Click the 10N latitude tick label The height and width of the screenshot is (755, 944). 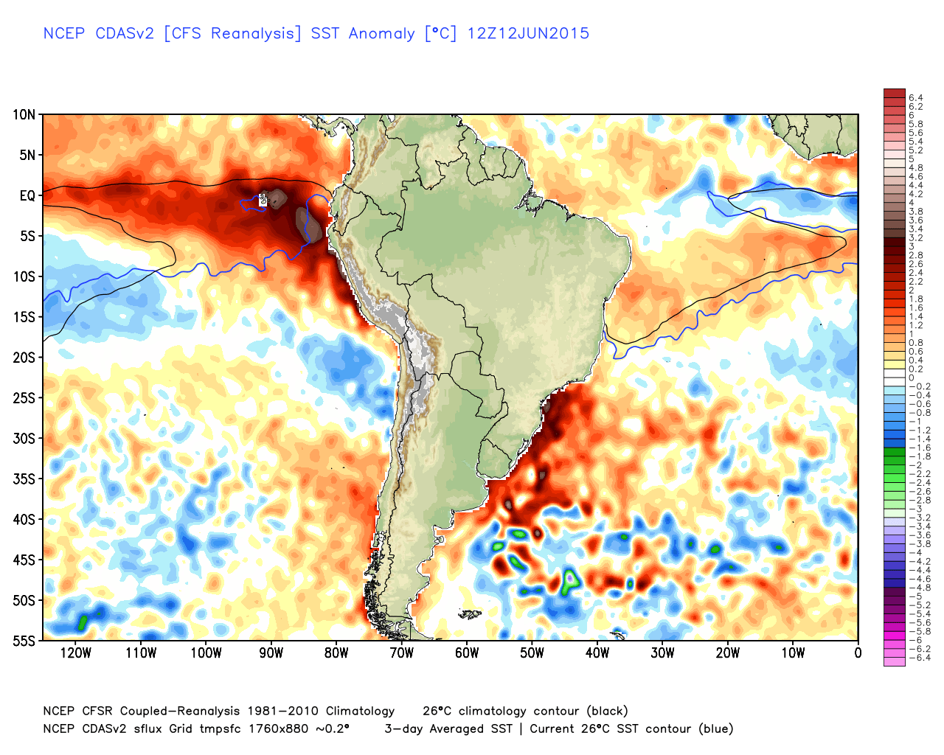tap(24, 114)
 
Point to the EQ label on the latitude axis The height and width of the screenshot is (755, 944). tap(27, 195)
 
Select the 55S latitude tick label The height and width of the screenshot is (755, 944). tap(24, 641)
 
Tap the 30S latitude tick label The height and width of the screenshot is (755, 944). tap(24, 439)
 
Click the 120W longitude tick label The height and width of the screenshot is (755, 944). tap(76, 653)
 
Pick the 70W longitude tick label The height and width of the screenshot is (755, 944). tap(402, 653)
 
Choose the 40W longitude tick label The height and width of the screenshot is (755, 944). tap(597, 653)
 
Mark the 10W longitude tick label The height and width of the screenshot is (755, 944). tap(793, 653)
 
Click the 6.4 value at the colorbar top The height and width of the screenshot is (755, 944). tap(915, 98)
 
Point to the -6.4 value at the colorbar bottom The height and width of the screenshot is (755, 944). tap(918, 658)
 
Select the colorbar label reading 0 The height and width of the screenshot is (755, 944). tap(912, 378)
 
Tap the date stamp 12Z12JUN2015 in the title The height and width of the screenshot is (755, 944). tap(528, 33)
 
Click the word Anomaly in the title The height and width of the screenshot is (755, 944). tap(381, 33)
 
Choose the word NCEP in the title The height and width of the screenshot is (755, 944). tap(64, 33)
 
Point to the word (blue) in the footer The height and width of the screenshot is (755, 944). tap(715, 729)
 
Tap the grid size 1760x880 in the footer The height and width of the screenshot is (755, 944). tap(280, 729)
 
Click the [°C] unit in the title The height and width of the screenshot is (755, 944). tap(441, 33)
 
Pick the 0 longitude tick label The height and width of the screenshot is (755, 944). tap(858, 653)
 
